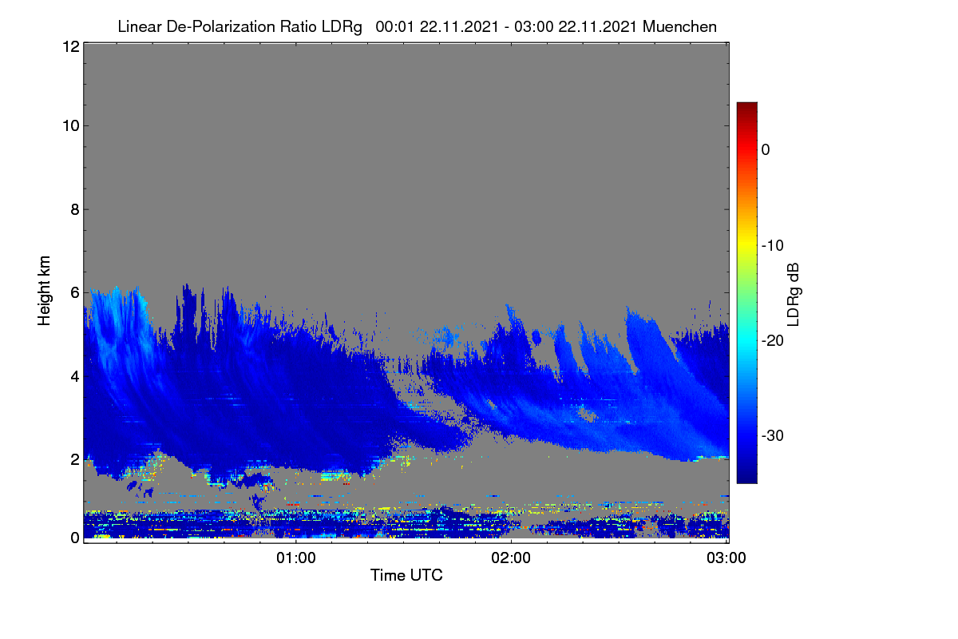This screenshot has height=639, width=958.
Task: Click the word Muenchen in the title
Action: pos(679,26)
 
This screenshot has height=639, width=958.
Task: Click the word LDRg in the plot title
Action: pos(342,27)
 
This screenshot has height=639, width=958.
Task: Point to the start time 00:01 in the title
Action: pos(394,26)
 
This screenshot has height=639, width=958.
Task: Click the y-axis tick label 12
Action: pos(71,46)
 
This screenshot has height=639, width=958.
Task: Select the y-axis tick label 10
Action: pos(71,126)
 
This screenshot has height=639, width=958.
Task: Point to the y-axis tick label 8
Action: pos(75,209)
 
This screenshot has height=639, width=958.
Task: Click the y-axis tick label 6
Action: pos(75,293)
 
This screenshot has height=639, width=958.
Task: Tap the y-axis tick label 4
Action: pos(75,377)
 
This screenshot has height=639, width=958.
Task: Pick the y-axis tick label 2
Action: pos(75,459)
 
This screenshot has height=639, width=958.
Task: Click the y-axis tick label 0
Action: pos(75,538)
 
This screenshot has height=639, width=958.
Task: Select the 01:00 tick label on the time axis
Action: pos(296,558)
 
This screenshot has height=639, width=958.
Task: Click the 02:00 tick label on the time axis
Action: pos(511,558)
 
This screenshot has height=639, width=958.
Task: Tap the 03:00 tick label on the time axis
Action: pos(726,558)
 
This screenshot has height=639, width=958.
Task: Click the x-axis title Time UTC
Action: pos(406,575)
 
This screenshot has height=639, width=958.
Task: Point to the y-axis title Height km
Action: pos(44,291)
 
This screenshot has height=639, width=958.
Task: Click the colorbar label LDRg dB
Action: pos(793,295)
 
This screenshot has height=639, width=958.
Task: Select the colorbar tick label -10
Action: pos(773,246)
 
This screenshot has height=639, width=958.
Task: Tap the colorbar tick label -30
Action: pos(773,435)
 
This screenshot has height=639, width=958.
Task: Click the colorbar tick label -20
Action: pos(773,341)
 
